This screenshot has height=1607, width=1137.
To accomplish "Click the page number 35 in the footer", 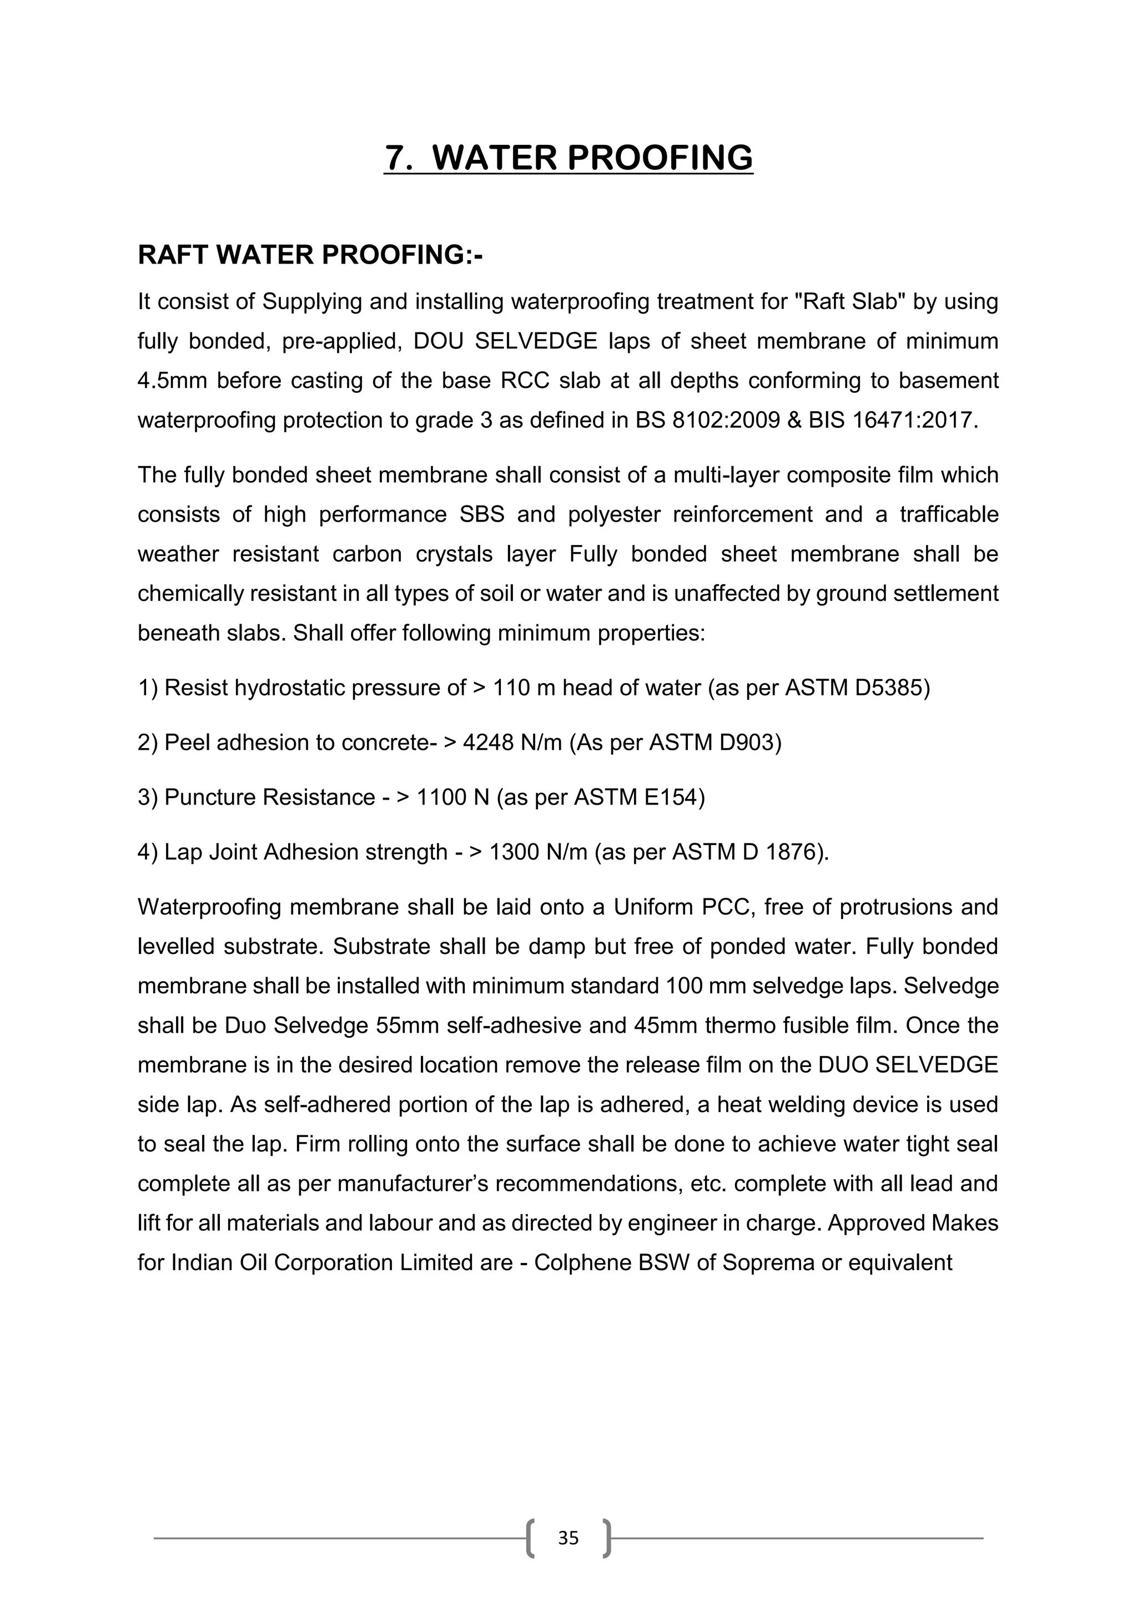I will pos(568,1538).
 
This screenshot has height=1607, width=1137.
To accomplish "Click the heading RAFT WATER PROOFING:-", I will pos(310,255).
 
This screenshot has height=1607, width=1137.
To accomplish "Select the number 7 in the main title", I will pos(396,158).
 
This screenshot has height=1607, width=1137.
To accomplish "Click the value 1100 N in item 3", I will pos(453,797).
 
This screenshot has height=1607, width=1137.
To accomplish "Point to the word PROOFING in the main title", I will pos(660,158).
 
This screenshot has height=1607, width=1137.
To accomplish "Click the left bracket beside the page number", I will pos(531,1538).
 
